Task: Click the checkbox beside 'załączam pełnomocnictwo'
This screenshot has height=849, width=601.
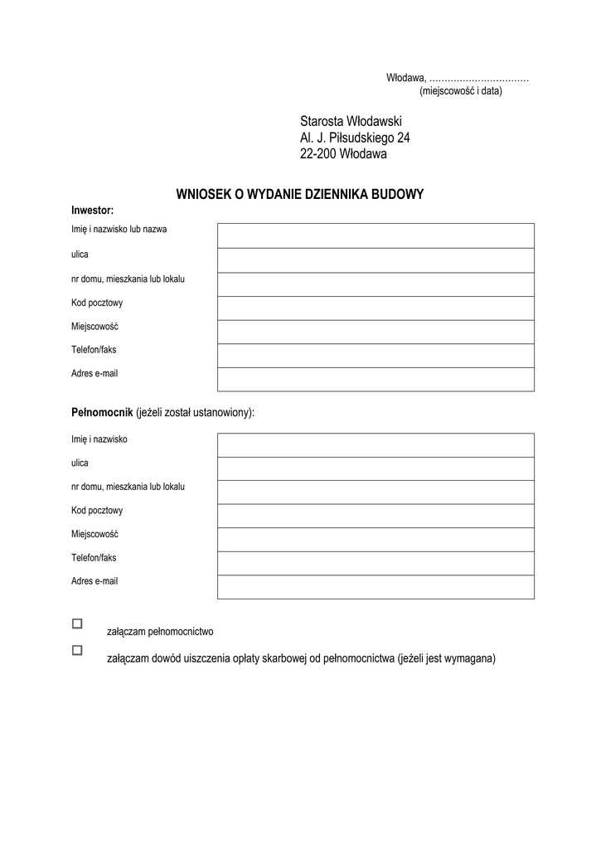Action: click(77, 623)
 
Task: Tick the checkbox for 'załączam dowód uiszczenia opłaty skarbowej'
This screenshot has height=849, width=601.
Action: click(77, 651)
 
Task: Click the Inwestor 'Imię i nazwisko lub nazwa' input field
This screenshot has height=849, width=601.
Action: click(376, 235)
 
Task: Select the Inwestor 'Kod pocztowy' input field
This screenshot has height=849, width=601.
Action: click(376, 308)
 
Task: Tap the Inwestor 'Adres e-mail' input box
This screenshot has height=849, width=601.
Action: click(376, 379)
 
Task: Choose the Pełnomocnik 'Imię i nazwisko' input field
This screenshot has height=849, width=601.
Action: click(376, 444)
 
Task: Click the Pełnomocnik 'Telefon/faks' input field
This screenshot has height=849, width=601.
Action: click(376, 563)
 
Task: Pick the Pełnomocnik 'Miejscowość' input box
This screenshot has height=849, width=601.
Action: click(376, 539)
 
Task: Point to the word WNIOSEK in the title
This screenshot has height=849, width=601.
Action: click(203, 195)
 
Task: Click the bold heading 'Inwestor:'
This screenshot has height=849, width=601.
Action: click(92, 211)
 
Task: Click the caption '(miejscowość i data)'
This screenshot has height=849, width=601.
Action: click(460, 91)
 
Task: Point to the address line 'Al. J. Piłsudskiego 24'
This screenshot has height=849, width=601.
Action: click(355, 138)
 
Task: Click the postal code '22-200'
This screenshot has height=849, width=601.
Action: click(317, 153)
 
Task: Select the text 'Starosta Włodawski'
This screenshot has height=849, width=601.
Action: click(351, 122)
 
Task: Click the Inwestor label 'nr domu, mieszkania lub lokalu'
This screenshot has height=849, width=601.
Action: click(128, 279)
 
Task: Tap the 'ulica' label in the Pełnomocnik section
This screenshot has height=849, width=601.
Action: click(80, 463)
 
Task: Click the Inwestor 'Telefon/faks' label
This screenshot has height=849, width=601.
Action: click(94, 350)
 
